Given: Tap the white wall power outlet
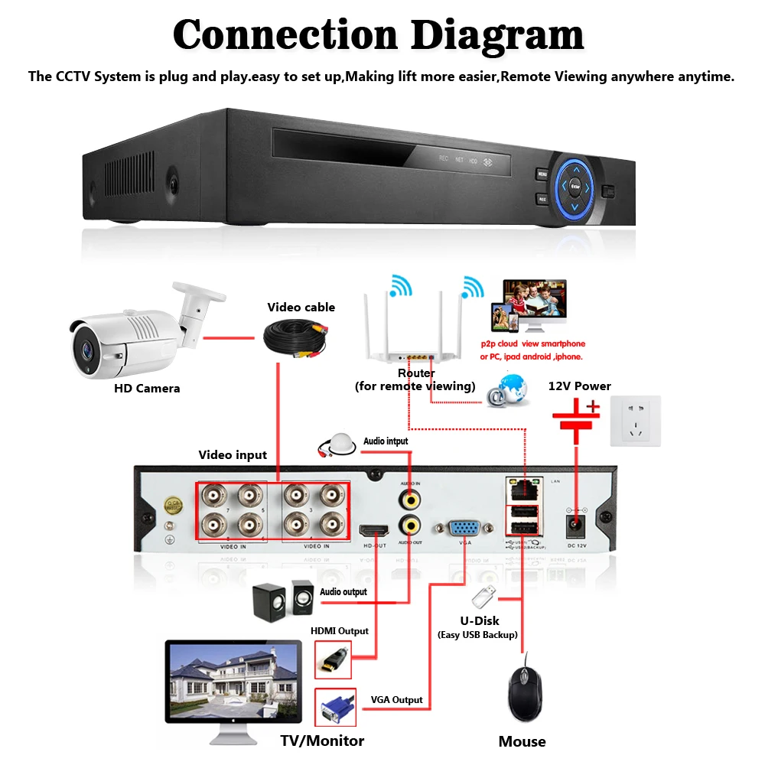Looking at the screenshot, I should [635, 421].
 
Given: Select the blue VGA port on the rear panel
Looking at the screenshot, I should [464, 529].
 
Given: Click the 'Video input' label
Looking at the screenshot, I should [233, 455].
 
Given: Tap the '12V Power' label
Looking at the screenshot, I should [580, 386].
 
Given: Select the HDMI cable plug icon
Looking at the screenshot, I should [334, 659].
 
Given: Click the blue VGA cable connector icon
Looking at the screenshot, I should [335, 708].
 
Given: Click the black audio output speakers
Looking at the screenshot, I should [283, 599].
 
